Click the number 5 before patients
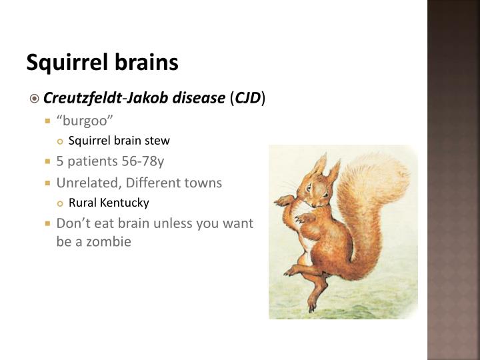click(60, 161)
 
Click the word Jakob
click(147, 99)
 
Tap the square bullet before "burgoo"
click(49, 121)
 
